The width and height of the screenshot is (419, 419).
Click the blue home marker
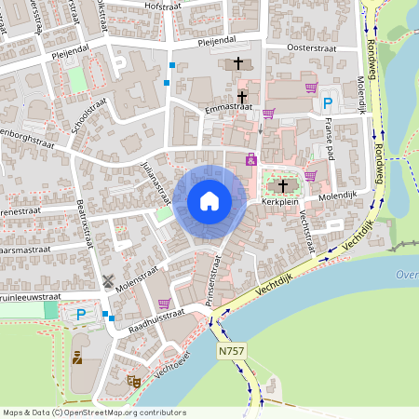click(209, 200)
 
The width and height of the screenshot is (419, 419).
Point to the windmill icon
click(107, 279)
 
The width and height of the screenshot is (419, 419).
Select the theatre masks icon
click(133, 381)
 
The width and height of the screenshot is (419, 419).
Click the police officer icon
click(77, 356)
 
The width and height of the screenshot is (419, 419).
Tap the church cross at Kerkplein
click(283, 185)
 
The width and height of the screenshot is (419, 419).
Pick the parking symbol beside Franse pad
click(327, 104)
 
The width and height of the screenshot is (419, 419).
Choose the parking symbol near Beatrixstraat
click(81, 316)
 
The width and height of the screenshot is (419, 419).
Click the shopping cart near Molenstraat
click(164, 304)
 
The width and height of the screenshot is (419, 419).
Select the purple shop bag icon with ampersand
click(250, 159)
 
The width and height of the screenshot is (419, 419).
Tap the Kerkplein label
click(278, 200)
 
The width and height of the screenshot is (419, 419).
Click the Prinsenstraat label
click(212, 279)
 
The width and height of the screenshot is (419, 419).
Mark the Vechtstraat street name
click(305, 224)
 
